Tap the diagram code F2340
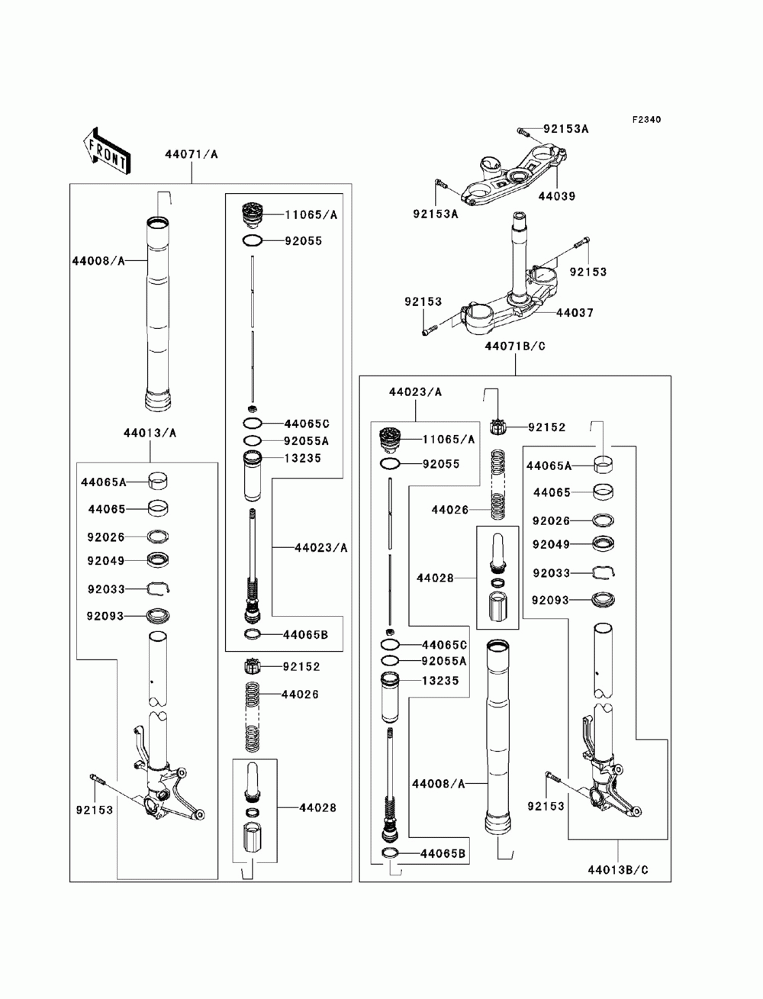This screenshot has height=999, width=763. click(646, 120)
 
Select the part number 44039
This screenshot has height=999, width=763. click(557, 196)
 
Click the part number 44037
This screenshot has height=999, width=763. click(575, 313)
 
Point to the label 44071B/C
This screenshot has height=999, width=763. click(515, 346)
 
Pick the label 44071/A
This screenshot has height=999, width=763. click(192, 154)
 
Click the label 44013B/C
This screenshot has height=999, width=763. click(618, 870)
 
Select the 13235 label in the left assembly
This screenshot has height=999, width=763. click(303, 458)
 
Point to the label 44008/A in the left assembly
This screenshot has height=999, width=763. click(98, 261)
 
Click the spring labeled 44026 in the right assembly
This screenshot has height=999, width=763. click(499, 485)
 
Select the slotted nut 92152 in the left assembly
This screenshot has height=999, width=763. click(252, 667)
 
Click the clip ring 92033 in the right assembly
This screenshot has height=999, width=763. click(604, 572)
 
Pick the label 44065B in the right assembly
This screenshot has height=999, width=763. click(443, 854)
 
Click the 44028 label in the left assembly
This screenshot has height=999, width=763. click(317, 808)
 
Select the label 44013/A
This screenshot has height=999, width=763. click(150, 433)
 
